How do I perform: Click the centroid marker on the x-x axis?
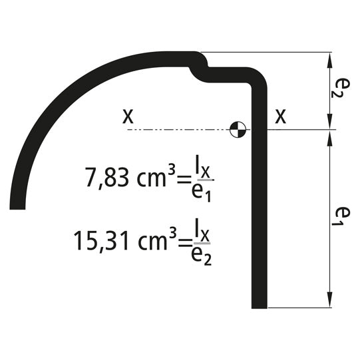coord(237,130)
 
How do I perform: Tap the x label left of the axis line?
coord(128,116)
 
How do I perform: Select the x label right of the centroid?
coord(281,118)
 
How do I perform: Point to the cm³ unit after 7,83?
coord(158,177)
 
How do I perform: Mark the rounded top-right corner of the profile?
coord(258,77)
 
